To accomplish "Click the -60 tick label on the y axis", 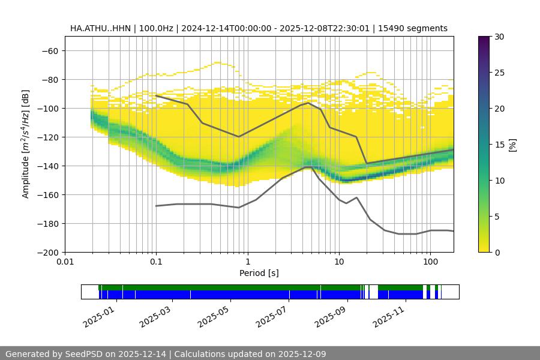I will pyautogui.click(x=49, y=51).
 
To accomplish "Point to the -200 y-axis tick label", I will pyautogui.click(x=47, y=253).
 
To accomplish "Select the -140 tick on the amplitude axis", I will pyautogui.click(x=47, y=166).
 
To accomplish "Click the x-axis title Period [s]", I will pyautogui.click(x=259, y=274).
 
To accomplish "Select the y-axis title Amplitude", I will pyautogui.click(x=26, y=144).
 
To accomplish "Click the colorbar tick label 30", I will pyautogui.click(x=499, y=37).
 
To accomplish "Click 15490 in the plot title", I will pyautogui.click(x=391, y=28).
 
